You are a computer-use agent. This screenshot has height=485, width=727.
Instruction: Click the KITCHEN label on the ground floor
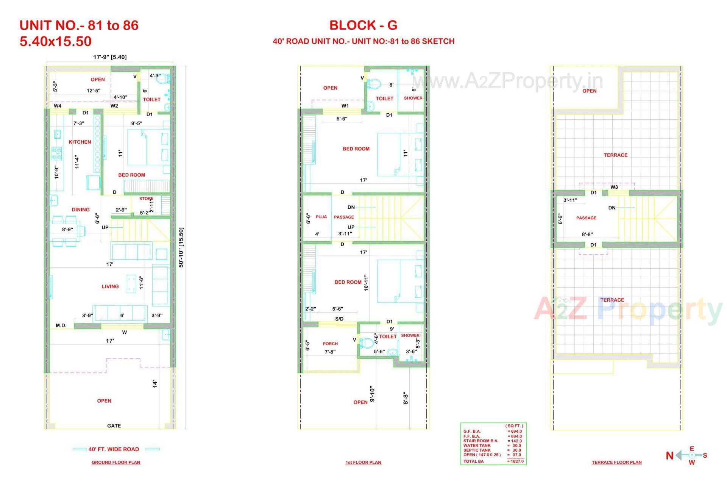tap(80, 142)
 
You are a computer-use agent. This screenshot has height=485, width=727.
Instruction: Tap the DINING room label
tap(81, 210)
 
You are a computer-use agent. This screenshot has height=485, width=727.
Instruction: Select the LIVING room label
tap(110, 286)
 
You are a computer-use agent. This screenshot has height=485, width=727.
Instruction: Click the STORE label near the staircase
tap(146, 199)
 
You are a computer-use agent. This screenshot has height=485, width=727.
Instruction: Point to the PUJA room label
tap(321, 217)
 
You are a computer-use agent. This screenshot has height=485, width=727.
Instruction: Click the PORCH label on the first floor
tap(330, 344)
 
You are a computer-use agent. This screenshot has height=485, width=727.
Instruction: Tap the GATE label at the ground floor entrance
tap(114, 426)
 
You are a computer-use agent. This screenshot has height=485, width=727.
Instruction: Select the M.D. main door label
tap(61, 325)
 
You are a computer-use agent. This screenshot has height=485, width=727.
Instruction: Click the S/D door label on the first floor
tap(339, 319)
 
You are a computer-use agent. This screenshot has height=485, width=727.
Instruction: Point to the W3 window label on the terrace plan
tap(614, 187)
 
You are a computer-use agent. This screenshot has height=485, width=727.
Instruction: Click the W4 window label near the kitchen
tap(58, 106)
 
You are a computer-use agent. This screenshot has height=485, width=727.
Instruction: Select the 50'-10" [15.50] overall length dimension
tap(181, 247)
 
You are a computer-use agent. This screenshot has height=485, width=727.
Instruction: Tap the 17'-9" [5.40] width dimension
tap(110, 57)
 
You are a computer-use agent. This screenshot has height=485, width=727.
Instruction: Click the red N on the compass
tap(669, 455)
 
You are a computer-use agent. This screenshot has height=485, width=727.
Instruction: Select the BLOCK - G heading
tap(363, 25)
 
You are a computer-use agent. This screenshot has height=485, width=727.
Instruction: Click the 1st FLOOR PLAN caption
tap(363, 462)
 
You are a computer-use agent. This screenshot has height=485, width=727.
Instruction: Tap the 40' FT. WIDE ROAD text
tap(114, 449)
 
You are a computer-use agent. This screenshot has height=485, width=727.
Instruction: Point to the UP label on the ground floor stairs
tap(105, 227)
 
